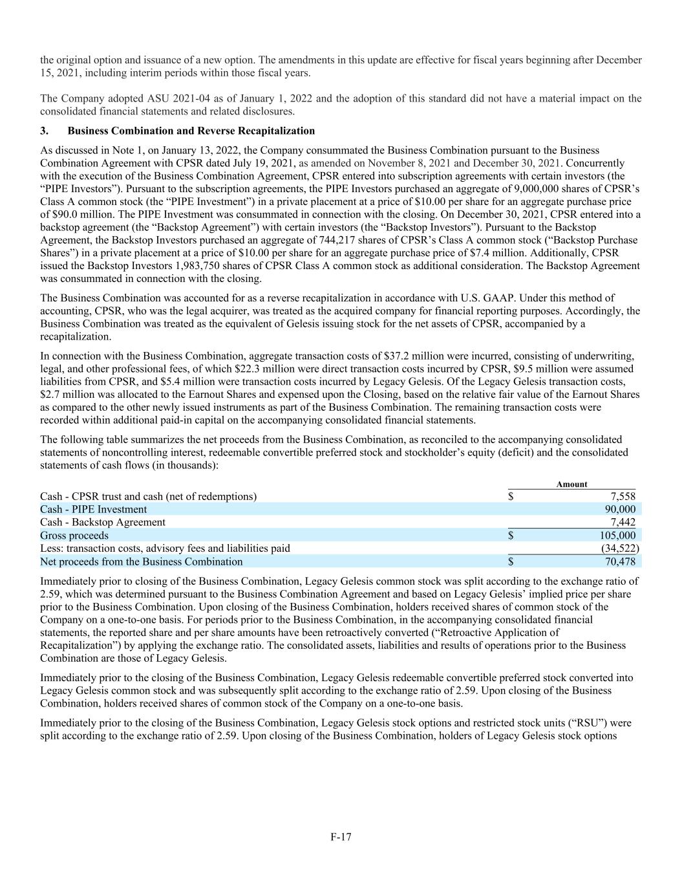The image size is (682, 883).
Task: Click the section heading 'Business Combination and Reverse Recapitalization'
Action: [x=191, y=131]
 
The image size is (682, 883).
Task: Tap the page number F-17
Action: [x=341, y=837]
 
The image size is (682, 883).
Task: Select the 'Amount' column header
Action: [x=571, y=485]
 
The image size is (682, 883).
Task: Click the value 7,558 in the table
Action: [x=623, y=497]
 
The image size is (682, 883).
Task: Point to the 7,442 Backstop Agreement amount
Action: [x=623, y=522]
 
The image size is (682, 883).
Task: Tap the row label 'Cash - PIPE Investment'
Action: [x=93, y=510]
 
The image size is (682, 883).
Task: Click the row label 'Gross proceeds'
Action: [x=74, y=536]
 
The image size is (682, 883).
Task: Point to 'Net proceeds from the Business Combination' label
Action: [x=141, y=561]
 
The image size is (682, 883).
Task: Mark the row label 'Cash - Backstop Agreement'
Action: [x=102, y=522]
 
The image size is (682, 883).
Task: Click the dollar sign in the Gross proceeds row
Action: [x=511, y=536]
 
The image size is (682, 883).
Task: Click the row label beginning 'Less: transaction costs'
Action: [x=165, y=549]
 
